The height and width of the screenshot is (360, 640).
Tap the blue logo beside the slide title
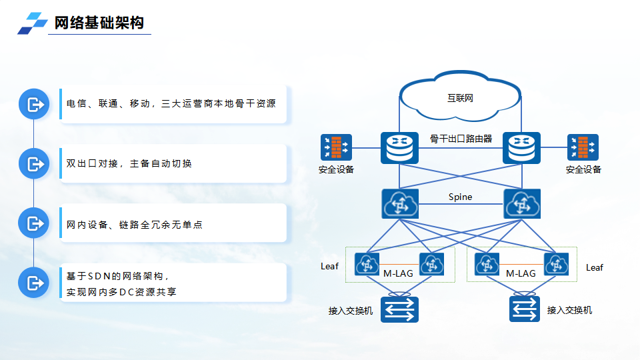pos(33,23)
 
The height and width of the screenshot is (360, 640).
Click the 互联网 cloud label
pos(460,99)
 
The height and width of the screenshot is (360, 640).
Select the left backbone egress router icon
pos(399,147)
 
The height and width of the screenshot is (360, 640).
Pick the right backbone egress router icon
pos(521,147)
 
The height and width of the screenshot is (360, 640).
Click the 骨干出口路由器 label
pos(461,139)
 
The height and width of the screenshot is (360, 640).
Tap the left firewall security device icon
pos(336,147)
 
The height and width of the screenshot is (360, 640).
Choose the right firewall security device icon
pos(583,147)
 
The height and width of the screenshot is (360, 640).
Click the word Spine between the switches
pos(460,197)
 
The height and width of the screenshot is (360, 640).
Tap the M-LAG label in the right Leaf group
pos(521,273)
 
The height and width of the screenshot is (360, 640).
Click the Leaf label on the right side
pos(594,267)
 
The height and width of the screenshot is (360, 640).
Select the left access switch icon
pos(399,309)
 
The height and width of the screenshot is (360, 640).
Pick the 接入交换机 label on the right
pos(569,310)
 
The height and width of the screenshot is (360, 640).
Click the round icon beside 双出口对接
pos(34,163)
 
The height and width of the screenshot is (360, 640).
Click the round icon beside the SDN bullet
pos(34,283)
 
